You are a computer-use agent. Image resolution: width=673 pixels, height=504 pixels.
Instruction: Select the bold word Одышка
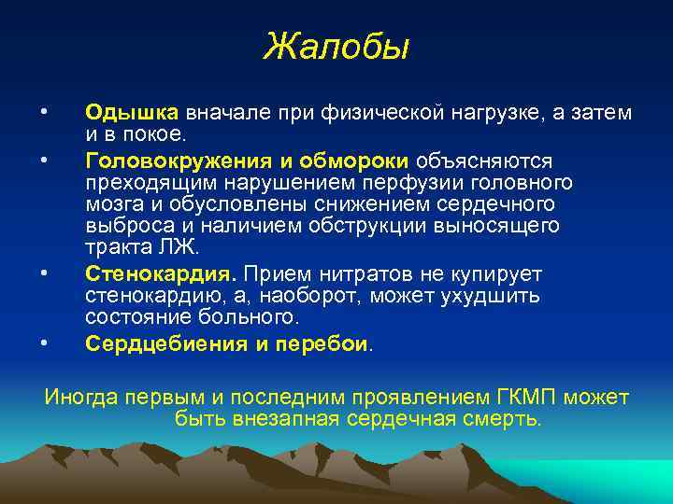coord(132,113)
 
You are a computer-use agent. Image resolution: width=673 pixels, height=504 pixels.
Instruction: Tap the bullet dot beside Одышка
coord(43,113)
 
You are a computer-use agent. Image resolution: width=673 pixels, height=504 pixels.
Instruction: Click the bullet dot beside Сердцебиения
coord(43,343)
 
